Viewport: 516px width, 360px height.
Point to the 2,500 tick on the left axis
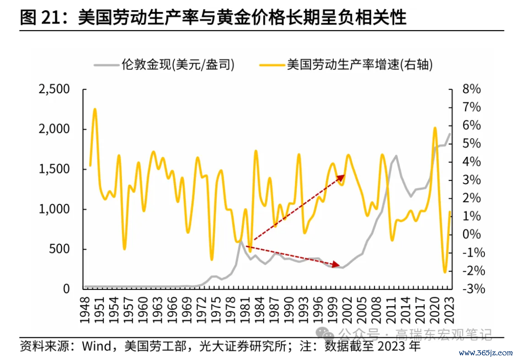54,89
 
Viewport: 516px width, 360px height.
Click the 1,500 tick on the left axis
54,169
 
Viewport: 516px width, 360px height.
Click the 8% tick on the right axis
471,89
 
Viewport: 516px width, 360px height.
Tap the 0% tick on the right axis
471,234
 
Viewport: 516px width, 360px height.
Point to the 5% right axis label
471,144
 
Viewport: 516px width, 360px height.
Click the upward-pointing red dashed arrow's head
344,176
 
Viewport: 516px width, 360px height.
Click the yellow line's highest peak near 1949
95,109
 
